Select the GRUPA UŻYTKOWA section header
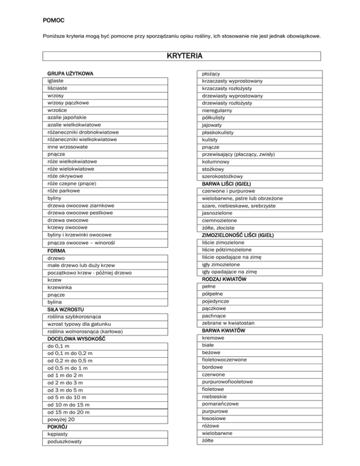70,74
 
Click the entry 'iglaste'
56,81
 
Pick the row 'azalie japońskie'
67,117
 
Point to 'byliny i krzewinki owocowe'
80,234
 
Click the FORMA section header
56,251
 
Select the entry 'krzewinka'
60,287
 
